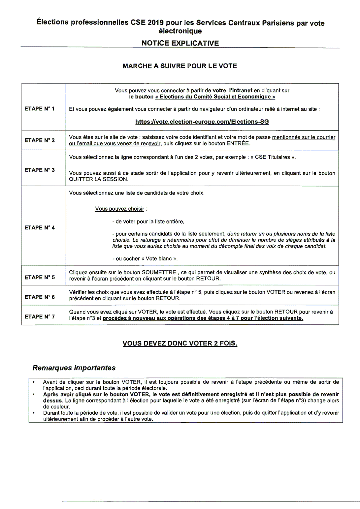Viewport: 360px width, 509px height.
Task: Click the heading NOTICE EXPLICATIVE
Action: (180, 43)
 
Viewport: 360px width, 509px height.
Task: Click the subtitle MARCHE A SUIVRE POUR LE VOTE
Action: (180, 66)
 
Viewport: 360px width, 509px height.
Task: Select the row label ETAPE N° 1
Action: (40, 109)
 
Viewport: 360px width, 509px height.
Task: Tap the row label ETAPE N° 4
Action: (40, 227)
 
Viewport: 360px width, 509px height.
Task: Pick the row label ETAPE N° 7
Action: (40, 316)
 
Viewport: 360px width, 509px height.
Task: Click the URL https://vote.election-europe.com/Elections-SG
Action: (202, 122)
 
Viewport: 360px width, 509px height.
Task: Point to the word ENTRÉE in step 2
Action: (238, 144)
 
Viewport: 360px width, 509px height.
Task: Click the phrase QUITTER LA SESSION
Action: (98, 179)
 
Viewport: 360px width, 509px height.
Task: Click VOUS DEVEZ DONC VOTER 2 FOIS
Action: (180, 343)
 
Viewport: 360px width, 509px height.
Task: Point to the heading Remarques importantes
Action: (74, 368)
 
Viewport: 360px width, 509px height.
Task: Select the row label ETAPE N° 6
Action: (40, 297)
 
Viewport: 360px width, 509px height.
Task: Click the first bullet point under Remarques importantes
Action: (34, 382)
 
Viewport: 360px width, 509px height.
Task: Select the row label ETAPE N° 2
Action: (40, 140)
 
